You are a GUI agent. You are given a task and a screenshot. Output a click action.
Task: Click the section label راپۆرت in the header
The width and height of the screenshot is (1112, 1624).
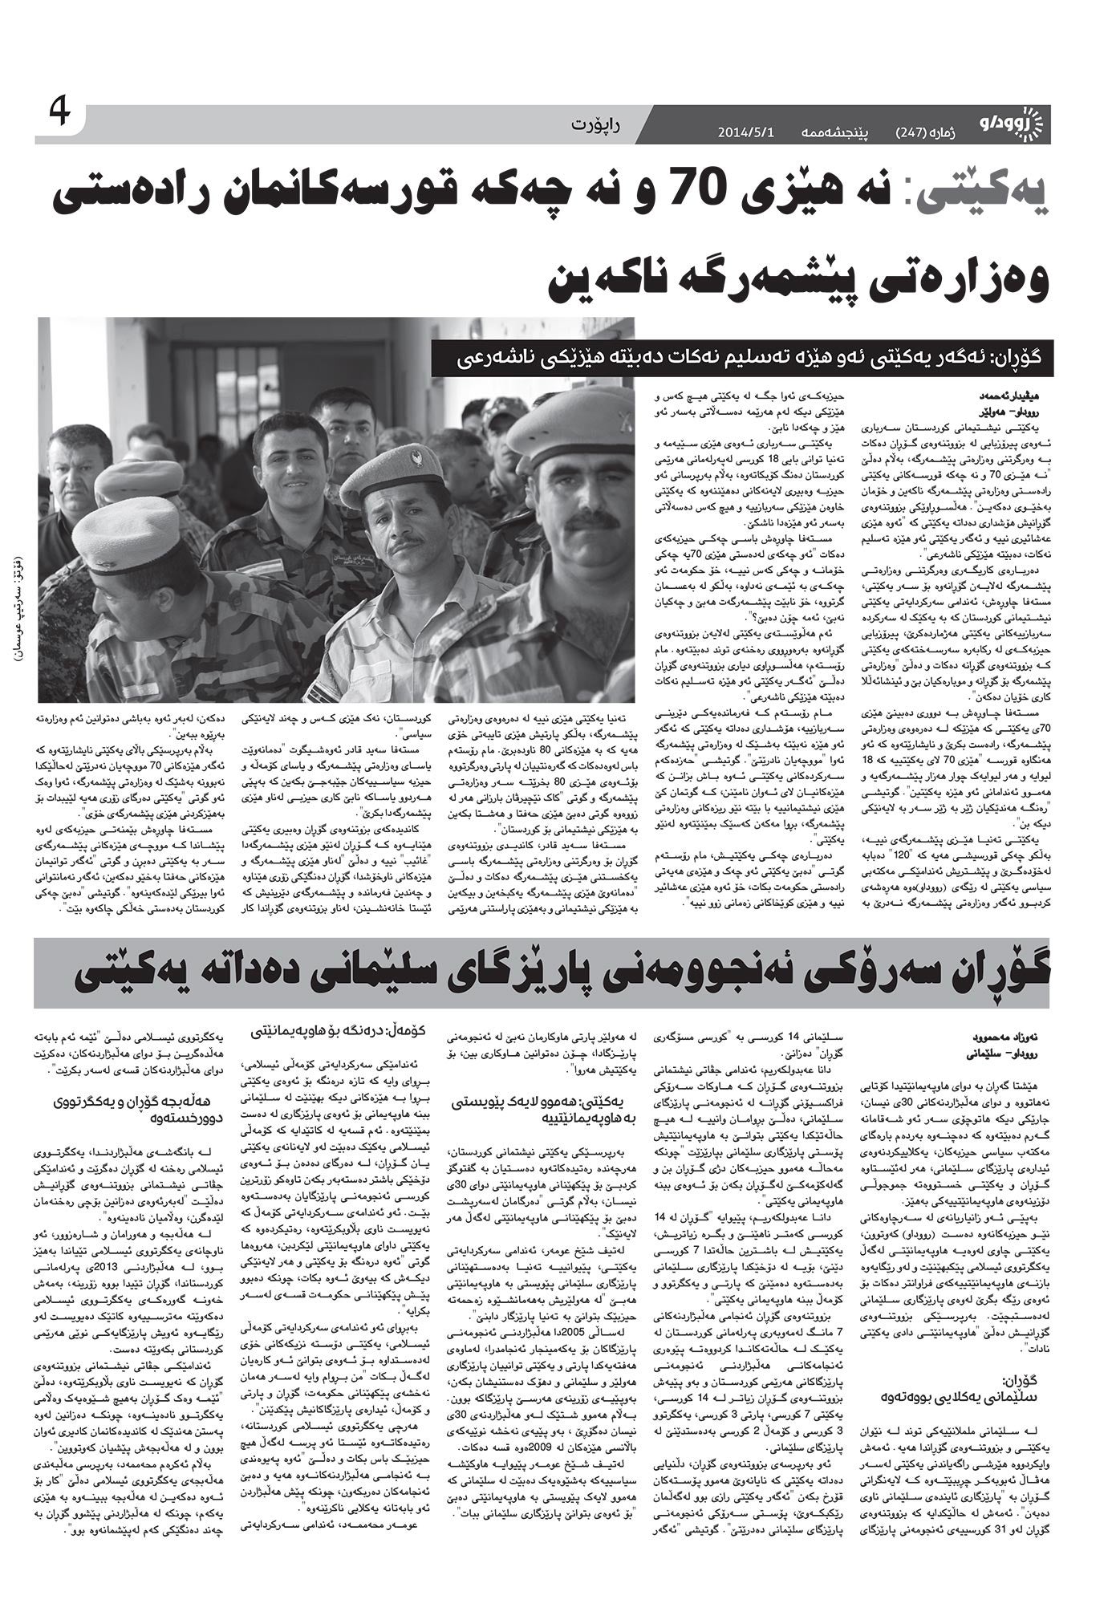[599, 125]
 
